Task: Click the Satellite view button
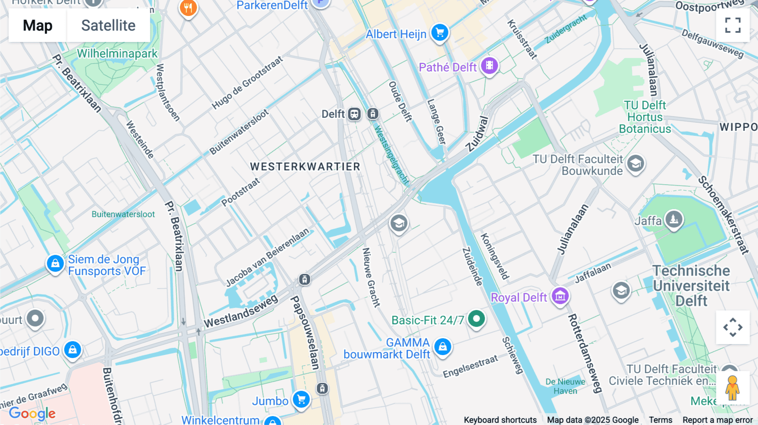click(108, 25)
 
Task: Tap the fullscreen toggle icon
click(733, 25)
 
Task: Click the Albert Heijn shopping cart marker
click(440, 32)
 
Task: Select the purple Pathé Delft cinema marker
click(489, 66)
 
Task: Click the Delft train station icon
click(354, 114)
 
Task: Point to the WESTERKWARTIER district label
click(305, 167)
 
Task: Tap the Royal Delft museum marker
click(560, 296)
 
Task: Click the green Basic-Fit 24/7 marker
click(476, 319)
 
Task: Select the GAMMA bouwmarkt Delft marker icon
click(443, 347)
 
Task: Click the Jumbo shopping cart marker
click(302, 399)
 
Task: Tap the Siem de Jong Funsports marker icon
click(55, 263)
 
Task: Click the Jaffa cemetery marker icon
click(674, 219)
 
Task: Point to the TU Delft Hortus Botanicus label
click(645, 117)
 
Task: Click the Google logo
click(32, 413)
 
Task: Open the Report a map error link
click(718, 420)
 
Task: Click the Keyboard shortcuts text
click(500, 420)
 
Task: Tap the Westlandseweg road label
click(241, 311)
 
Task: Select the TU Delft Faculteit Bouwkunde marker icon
click(635, 163)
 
